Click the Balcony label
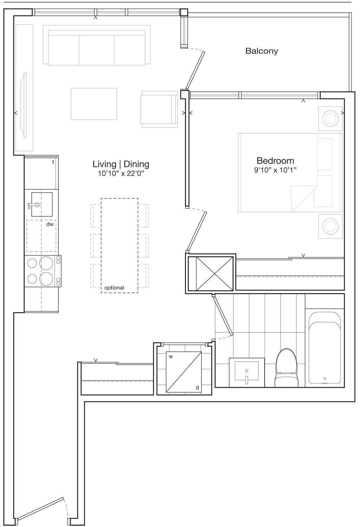pyautogui.click(x=262, y=51)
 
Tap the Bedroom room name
pyautogui.click(x=275, y=161)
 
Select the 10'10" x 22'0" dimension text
pyautogui.click(x=121, y=174)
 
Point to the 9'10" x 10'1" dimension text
pyautogui.click(x=275, y=170)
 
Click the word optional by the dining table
pyautogui.click(x=114, y=288)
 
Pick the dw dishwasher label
pyautogui.click(x=50, y=224)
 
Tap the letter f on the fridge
pyautogui.click(x=53, y=162)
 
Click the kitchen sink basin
pyautogui.click(x=42, y=204)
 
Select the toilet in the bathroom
pyautogui.click(x=287, y=368)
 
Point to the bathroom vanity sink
pyautogui.click(x=246, y=373)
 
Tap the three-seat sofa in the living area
pyautogui.click(x=97, y=45)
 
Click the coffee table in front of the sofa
pyautogui.click(x=94, y=104)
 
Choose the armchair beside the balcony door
pyautogui.click(x=159, y=109)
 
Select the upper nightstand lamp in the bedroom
pyautogui.click(x=330, y=118)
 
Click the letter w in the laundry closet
pyautogui.click(x=171, y=357)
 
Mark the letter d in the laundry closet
pyautogui.click(x=197, y=388)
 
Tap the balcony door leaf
pyautogui.click(x=195, y=70)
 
